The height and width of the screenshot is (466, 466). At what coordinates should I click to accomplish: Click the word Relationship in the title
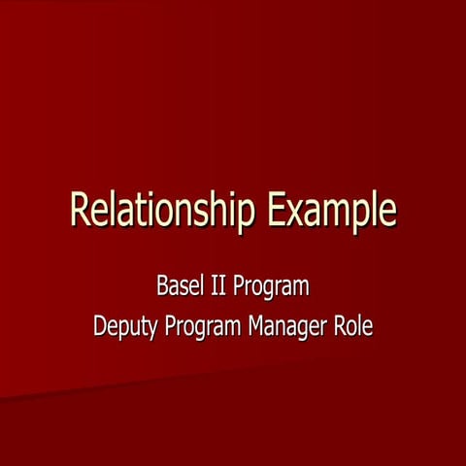pyautogui.click(x=165, y=211)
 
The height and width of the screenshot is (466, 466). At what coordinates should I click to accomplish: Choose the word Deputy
pyautogui.click(x=125, y=325)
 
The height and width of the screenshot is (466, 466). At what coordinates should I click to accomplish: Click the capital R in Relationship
pyautogui.click(x=81, y=210)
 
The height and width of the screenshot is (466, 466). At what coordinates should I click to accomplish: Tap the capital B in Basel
pyautogui.click(x=162, y=287)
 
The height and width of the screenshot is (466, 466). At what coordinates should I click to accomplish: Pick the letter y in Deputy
pyautogui.click(x=154, y=329)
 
